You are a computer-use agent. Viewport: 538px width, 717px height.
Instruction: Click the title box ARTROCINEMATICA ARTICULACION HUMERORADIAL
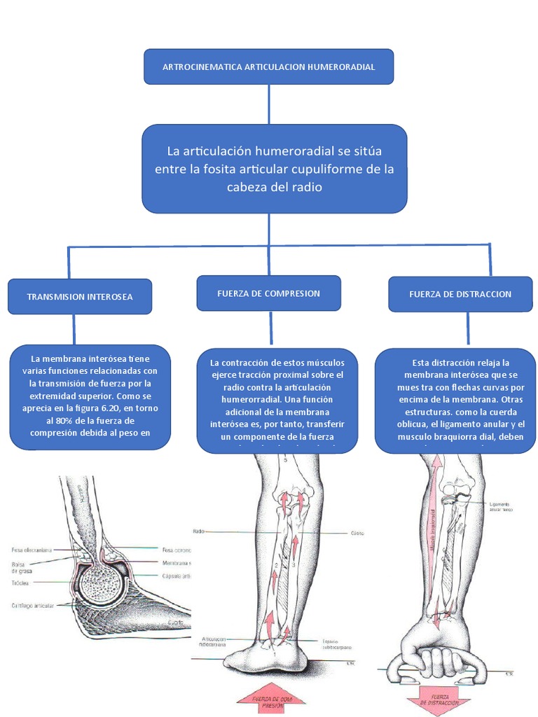268,67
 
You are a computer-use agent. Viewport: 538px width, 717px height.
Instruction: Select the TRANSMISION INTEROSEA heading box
79,297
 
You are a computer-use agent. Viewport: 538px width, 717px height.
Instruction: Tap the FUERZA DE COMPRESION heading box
268,293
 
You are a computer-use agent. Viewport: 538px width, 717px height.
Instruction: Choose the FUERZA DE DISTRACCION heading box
460,294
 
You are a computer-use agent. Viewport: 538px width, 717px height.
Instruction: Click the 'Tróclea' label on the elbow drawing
20,583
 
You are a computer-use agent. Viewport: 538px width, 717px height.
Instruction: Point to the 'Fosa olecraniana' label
32,550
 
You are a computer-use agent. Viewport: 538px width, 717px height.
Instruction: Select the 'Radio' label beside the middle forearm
198,531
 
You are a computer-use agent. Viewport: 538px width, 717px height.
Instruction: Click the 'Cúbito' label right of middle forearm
357,532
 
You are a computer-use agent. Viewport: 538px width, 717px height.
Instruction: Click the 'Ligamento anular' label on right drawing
499,506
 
